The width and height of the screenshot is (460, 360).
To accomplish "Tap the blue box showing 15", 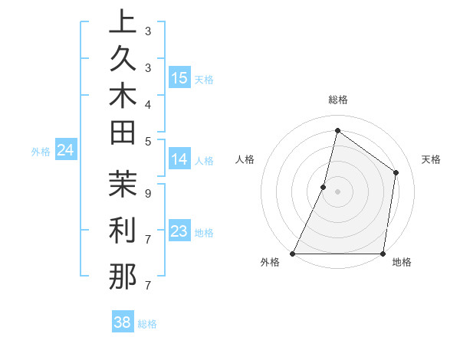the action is click(179, 78).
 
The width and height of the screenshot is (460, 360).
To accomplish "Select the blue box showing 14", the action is click(179, 159).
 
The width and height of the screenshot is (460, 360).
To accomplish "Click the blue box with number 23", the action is click(179, 231).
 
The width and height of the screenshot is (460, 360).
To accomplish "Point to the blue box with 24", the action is click(66, 150).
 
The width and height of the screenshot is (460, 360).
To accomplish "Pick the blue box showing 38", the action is click(123, 322).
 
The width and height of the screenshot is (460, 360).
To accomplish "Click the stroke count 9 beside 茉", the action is click(147, 194).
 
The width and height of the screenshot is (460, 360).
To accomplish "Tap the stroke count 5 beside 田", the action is click(147, 141).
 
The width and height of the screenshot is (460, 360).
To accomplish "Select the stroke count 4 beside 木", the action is click(147, 104).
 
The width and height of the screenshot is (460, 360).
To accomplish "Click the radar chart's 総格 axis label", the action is click(337, 100).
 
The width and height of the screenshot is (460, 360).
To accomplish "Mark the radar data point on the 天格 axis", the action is click(396, 172).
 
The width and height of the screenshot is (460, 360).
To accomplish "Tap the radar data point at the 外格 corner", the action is click(293, 254).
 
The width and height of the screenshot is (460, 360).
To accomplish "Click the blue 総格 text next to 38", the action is click(147, 324).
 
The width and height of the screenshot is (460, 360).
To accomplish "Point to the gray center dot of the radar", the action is click(337, 191).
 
